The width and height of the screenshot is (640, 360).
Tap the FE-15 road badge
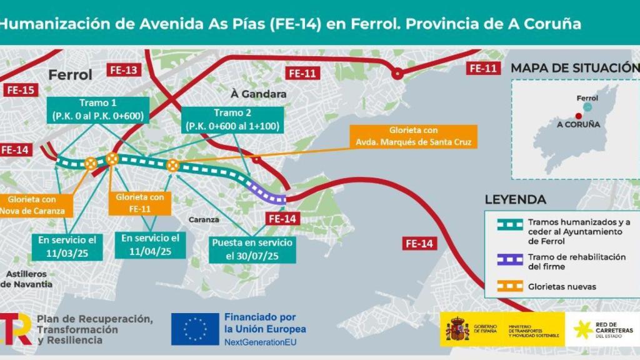click(x=20, y=89)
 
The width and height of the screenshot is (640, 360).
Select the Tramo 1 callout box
click(x=97, y=110)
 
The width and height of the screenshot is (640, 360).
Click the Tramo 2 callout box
click(x=233, y=119)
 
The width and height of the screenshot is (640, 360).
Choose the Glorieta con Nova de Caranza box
click(x=35, y=205)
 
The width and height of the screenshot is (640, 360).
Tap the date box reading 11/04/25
click(x=150, y=244)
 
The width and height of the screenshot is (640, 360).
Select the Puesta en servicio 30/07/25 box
click(x=252, y=250)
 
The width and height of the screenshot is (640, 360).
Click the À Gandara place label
click(x=258, y=94)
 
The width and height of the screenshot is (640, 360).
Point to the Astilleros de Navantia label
click(x=26, y=279)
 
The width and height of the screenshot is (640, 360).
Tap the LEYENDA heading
click(x=516, y=200)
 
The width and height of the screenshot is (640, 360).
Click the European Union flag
click(x=195, y=329)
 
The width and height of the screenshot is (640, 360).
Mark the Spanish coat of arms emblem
click(x=457, y=329)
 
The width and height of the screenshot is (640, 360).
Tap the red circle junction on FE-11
click(x=397, y=74)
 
